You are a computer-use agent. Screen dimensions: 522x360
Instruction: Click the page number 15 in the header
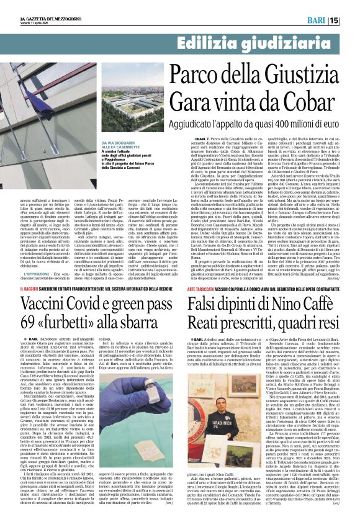(351, 20)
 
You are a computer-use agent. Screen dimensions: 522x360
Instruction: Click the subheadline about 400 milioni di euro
(250, 124)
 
